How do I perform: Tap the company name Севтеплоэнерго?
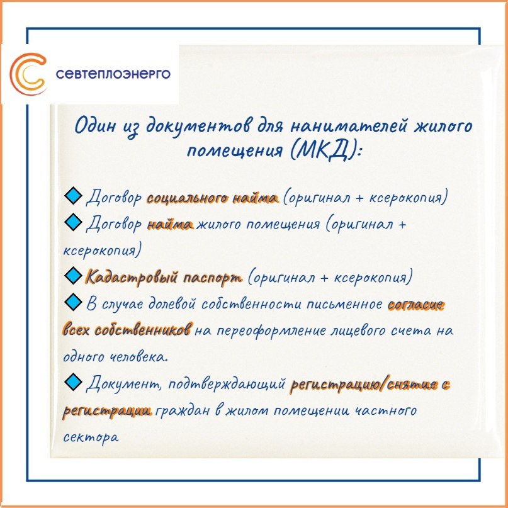[x=113, y=74]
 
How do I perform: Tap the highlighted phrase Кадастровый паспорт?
[x=164, y=278]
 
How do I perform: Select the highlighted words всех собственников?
[x=127, y=330]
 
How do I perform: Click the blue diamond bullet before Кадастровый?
[x=73, y=276]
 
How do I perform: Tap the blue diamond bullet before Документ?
[x=73, y=382]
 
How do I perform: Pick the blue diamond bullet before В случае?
[x=73, y=302]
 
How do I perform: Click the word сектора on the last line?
[x=91, y=437]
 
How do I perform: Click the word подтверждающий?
[x=227, y=385]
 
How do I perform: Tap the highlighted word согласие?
[x=415, y=305]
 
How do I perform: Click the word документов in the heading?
[x=199, y=126]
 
